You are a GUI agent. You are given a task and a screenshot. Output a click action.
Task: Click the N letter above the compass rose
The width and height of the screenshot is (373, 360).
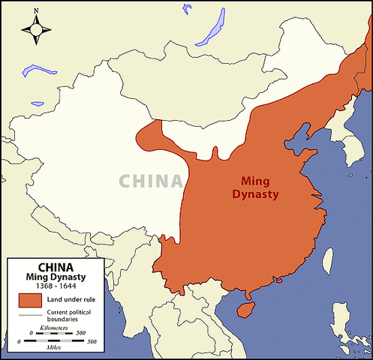pos(36,11)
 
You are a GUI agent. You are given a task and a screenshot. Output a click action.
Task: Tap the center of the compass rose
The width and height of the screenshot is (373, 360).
pos(36,30)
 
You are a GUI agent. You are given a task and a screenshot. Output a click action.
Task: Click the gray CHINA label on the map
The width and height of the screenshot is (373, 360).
pos(150,181)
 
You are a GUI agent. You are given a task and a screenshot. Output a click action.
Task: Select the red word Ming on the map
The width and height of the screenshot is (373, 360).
pos(256,181)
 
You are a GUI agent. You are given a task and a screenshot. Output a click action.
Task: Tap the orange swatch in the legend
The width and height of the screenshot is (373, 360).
pos(29,300)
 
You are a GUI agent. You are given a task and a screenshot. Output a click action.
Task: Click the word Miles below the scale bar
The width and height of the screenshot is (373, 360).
pos(54,349)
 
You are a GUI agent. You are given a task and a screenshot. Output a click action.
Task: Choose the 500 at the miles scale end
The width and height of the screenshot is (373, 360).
pos(92,342)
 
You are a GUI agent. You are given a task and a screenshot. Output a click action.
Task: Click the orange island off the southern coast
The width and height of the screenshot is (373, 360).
pos(244,309)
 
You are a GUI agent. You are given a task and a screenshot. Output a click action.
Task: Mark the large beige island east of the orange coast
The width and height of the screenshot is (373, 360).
pos(328,257)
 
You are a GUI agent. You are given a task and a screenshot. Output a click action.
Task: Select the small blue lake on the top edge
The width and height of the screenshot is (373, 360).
pos(185,9)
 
